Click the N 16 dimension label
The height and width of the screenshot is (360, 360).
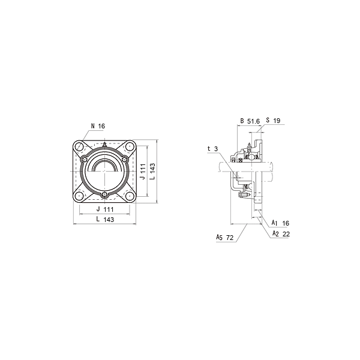(98, 126)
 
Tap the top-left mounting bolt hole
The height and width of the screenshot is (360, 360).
(80, 146)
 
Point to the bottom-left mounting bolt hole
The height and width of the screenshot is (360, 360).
(80, 197)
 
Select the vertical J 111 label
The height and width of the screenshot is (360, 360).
(143, 172)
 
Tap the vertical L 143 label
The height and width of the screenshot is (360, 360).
(153, 172)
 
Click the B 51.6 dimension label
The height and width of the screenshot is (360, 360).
(250, 121)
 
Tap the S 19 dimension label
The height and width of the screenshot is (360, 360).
(273, 121)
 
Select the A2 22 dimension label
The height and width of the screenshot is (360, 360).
(281, 233)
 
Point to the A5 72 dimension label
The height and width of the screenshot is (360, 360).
(225, 238)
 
